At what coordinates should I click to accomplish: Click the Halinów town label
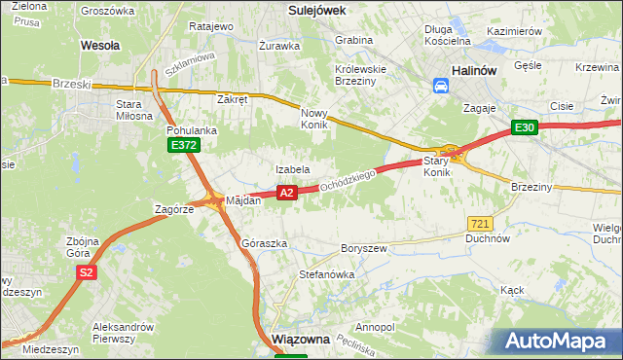tap(475, 70)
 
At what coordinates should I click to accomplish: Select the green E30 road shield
tap(526, 127)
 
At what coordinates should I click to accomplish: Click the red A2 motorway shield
tap(286, 194)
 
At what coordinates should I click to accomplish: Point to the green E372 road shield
tap(183, 146)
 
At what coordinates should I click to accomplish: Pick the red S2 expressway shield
tap(87, 273)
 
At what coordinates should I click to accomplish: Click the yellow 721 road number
tap(479, 224)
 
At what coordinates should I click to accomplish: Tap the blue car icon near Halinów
tap(441, 86)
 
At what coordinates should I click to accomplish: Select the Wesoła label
tap(100, 45)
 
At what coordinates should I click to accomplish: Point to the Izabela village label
tap(292, 169)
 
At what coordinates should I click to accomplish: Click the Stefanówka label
tap(326, 275)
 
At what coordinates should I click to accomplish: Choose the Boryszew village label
tap(364, 249)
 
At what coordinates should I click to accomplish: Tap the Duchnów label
tap(488, 238)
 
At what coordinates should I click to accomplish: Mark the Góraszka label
tap(265, 243)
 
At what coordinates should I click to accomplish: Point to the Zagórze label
tap(176, 209)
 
